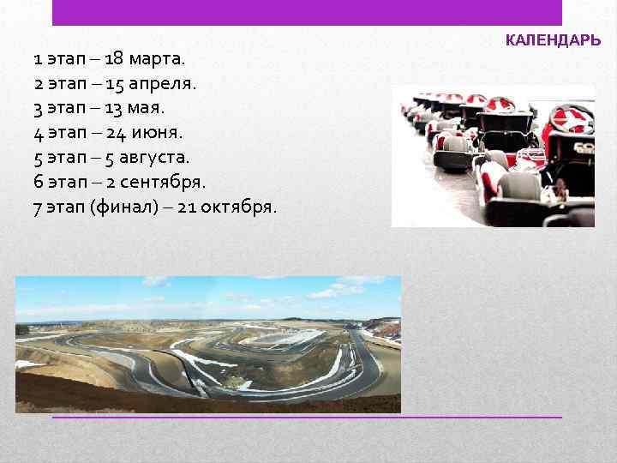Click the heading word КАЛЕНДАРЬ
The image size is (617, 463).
[x=553, y=40]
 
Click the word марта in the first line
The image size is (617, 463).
[x=162, y=60]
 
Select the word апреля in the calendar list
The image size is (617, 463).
[x=169, y=85]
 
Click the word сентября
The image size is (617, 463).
[x=163, y=183]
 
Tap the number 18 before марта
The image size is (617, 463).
[x=115, y=60]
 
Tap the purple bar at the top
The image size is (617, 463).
[x=307, y=12]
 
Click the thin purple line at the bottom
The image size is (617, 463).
[x=307, y=417]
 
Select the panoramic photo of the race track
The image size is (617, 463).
[x=208, y=344]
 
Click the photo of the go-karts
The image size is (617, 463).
[x=494, y=155]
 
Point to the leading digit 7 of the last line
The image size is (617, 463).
[x=38, y=207]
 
